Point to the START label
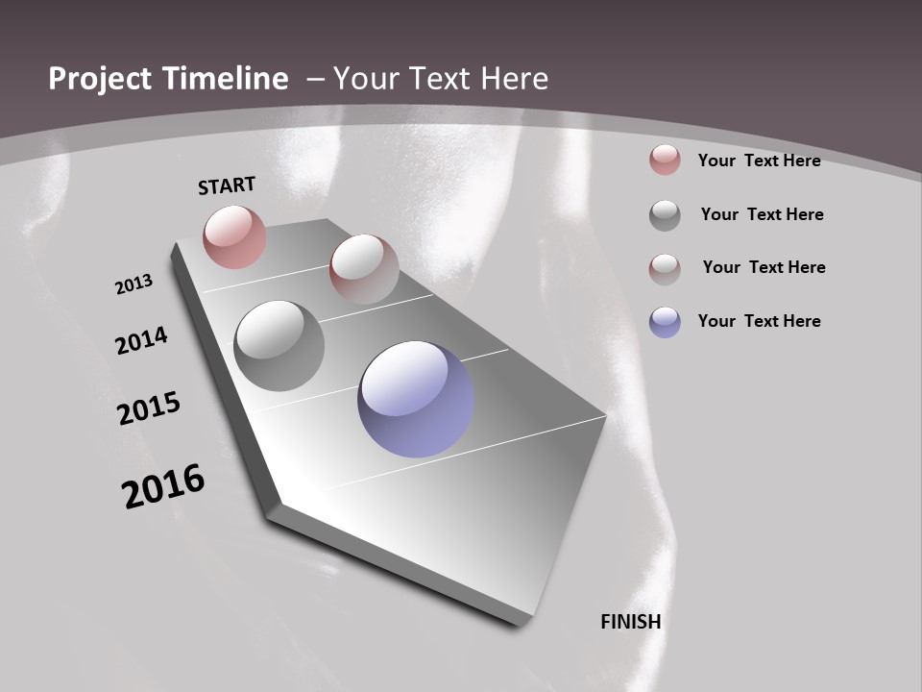(x=227, y=185)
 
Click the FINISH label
(x=631, y=622)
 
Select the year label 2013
(x=133, y=284)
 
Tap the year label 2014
(x=142, y=341)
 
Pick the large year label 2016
(x=163, y=486)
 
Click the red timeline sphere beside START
(x=234, y=236)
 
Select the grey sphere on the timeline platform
(x=279, y=346)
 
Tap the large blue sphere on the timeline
(x=416, y=399)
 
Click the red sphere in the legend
(x=665, y=161)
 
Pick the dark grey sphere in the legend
(x=665, y=214)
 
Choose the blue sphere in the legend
(x=665, y=321)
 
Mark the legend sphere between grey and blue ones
(x=665, y=268)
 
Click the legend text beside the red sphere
(x=759, y=161)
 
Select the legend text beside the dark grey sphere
(x=762, y=214)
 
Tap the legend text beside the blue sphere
(x=759, y=321)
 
